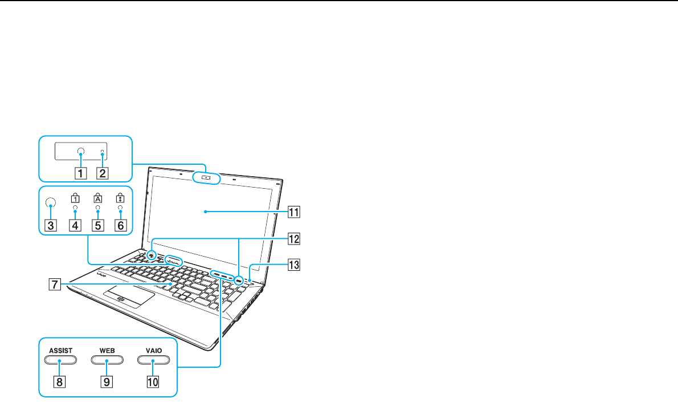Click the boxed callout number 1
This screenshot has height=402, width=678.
pos(80,173)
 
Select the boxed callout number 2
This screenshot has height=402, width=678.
pos(103,173)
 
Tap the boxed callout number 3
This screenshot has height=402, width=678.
pos(51,225)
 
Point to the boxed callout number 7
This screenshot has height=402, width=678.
pos(54,285)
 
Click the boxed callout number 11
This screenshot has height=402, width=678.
pos(294,212)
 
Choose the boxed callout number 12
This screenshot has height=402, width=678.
pos(294,238)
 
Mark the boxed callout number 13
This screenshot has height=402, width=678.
pos(294,265)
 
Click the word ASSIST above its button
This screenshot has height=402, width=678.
pos(60,351)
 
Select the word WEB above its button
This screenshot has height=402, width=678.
pos(107,351)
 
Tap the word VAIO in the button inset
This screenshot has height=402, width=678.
pos(153,351)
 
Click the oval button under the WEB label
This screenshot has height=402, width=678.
pos(107,360)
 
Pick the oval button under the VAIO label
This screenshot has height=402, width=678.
pos(153,360)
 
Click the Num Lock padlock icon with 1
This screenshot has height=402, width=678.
pos(75,198)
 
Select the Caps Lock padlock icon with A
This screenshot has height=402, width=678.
pos(98,198)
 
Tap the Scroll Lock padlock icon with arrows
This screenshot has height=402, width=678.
pos(120,198)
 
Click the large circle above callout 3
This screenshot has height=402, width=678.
pos(51,202)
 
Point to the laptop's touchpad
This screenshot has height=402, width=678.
pos(128,297)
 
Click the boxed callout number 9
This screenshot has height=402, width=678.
pos(107,381)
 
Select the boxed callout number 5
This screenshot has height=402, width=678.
pos(98,225)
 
